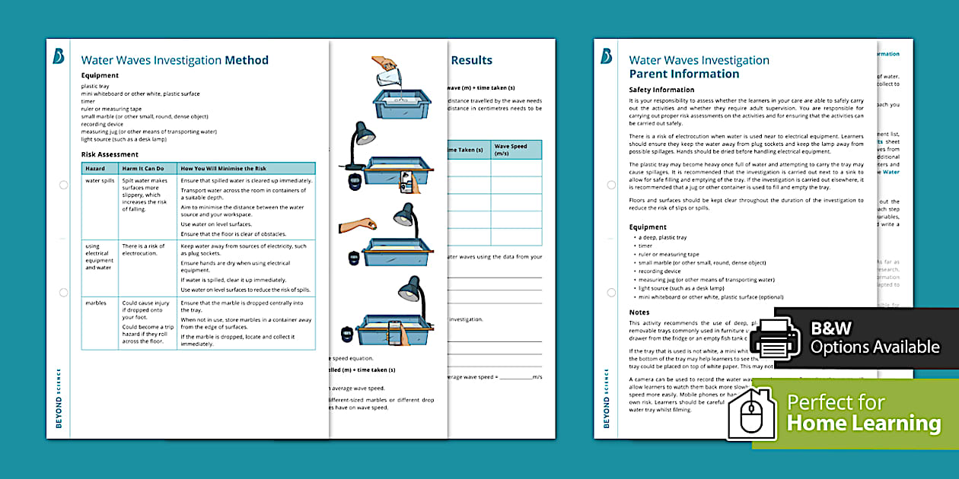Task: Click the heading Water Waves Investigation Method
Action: coord(174,60)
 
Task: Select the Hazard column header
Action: coord(95,168)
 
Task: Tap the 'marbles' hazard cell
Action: coord(96,303)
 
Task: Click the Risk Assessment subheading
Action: coord(110,154)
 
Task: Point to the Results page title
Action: coord(471,60)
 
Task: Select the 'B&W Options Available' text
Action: coord(875,338)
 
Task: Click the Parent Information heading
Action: coord(683,75)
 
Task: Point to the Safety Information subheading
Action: coord(661,90)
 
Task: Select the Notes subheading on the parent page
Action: coord(639,312)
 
